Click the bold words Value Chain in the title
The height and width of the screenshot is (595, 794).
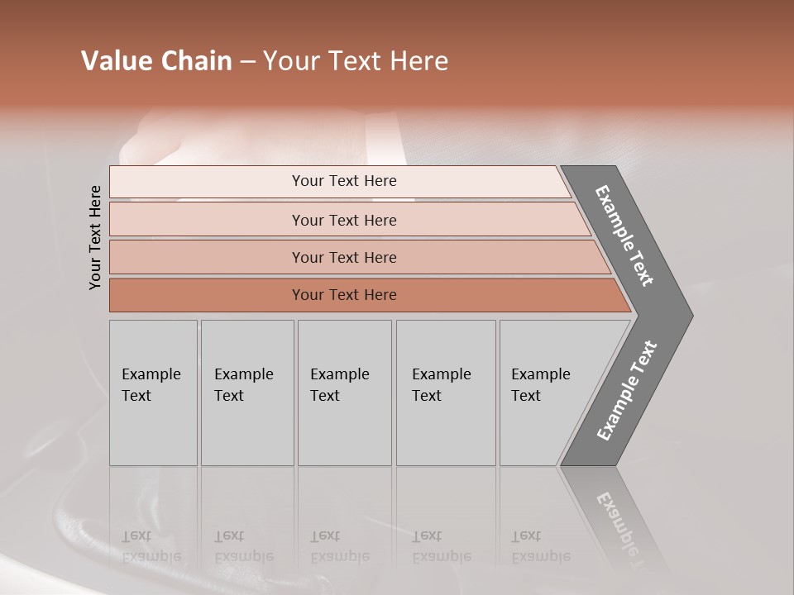point(156,61)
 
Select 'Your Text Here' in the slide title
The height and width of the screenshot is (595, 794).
point(356,61)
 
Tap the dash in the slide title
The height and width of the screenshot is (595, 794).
point(247,62)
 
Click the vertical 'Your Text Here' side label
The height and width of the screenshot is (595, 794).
point(95,237)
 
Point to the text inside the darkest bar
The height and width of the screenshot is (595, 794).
point(344,295)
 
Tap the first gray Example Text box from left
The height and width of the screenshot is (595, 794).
point(153,393)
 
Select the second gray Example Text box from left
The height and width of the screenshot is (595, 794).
point(246,393)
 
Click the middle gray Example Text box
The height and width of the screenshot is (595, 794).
point(344,393)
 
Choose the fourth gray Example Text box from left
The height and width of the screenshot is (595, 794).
point(446,393)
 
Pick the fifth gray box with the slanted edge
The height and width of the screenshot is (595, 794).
point(546,393)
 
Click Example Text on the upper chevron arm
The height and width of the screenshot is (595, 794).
point(624,236)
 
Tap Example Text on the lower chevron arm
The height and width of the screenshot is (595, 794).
point(627,391)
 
